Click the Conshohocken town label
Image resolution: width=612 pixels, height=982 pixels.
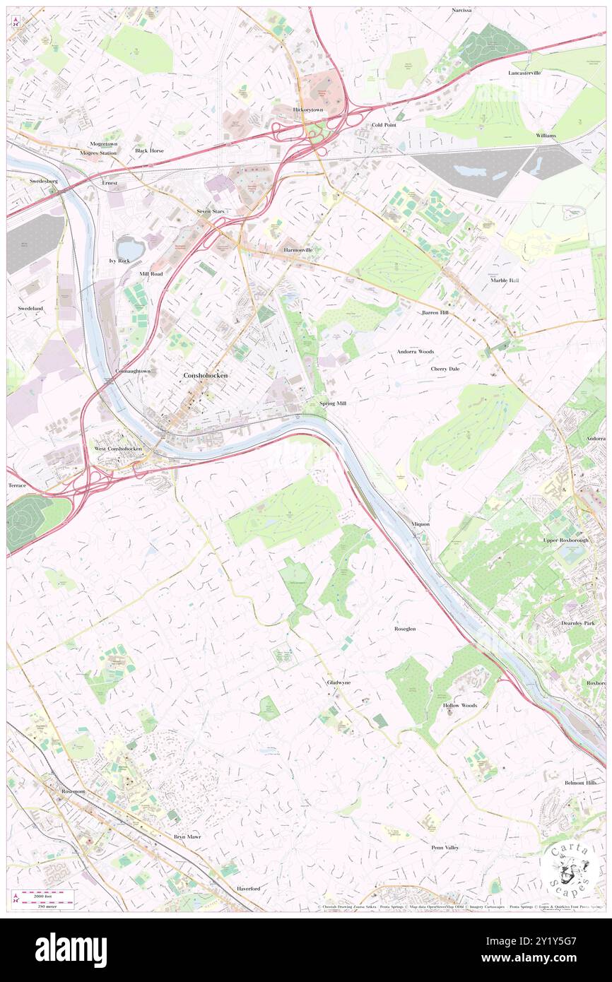pos(205,375)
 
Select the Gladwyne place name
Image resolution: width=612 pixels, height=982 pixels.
pos(339,682)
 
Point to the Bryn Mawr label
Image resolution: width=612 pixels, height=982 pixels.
pos(187,836)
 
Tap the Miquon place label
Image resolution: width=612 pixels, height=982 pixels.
pos(420,524)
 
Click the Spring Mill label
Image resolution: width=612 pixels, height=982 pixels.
pos(332,403)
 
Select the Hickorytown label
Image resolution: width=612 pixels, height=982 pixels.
pos(308,110)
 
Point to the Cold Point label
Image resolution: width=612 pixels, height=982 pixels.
pos(384,125)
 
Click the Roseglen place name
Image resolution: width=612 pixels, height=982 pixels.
pos(405,628)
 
